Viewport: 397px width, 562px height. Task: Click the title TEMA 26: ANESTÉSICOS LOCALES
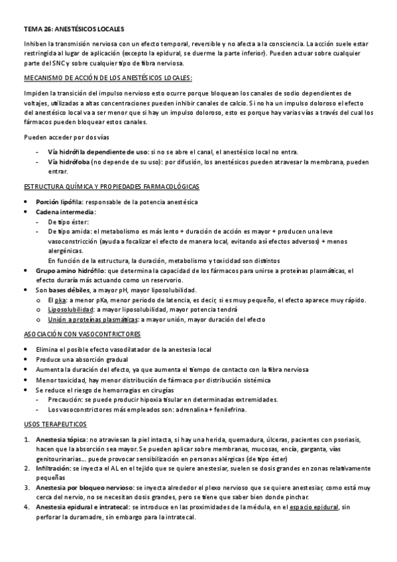click(74, 29)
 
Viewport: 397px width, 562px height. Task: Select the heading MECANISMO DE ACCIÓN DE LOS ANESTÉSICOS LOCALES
click(108, 78)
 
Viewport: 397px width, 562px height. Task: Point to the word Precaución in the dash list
click(65, 400)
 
